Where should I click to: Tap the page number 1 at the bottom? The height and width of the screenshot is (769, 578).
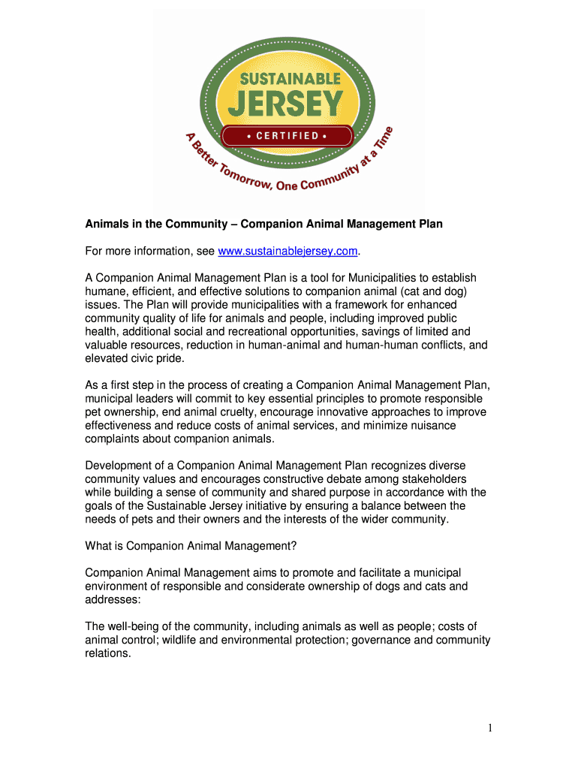point(488,727)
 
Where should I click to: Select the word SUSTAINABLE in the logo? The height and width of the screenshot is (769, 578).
point(289,79)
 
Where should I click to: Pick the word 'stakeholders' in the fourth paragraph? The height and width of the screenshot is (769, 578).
point(429,479)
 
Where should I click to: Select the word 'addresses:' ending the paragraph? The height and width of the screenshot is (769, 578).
point(111,600)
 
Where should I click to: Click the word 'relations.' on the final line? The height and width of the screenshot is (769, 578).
point(108,653)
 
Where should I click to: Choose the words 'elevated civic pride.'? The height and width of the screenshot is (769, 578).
point(134,359)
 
